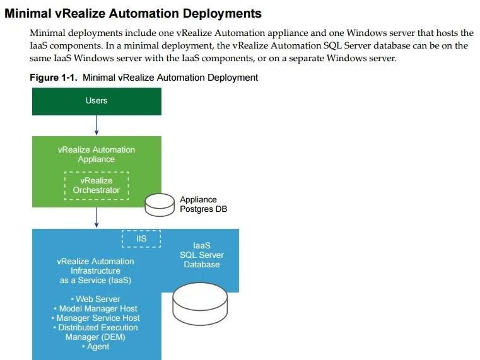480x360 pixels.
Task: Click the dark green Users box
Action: pos(97,102)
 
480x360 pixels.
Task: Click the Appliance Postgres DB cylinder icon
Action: pos(160,205)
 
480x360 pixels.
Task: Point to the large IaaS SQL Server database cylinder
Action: pos(200,304)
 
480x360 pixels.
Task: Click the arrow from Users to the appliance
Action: pos(97,125)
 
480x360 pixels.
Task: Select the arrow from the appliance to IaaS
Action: pos(97,218)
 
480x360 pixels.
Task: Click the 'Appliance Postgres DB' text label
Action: pos(203,204)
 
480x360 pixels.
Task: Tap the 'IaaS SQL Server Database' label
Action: pos(202,255)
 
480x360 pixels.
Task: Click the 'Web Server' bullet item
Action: pos(95,299)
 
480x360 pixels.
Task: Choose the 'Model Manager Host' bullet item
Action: pos(95,308)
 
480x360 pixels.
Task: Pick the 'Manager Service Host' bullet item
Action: pos(95,318)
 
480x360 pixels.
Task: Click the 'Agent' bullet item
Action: pos(95,347)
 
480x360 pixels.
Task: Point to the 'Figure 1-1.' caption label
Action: pos(53,78)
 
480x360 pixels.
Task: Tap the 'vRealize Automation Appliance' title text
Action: pos(97,154)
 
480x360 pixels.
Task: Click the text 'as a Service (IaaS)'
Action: pos(95,281)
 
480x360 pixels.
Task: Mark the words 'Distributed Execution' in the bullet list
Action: pos(95,328)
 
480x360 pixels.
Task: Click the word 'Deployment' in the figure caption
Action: pos(233,78)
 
